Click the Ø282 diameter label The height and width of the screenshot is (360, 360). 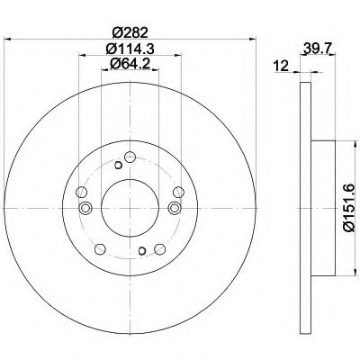(x=130, y=32)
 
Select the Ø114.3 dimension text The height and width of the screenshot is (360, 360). (x=130, y=49)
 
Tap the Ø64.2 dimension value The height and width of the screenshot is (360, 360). (x=130, y=64)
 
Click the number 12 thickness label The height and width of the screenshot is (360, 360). (x=281, y=66)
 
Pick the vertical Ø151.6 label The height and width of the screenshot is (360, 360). (x=349, y=208)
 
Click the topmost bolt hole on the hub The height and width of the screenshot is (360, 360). (x=130, y=157)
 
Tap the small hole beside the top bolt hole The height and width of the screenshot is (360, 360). (x=118, y=165)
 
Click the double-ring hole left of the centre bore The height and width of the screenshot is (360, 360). (x=85, y=208)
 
